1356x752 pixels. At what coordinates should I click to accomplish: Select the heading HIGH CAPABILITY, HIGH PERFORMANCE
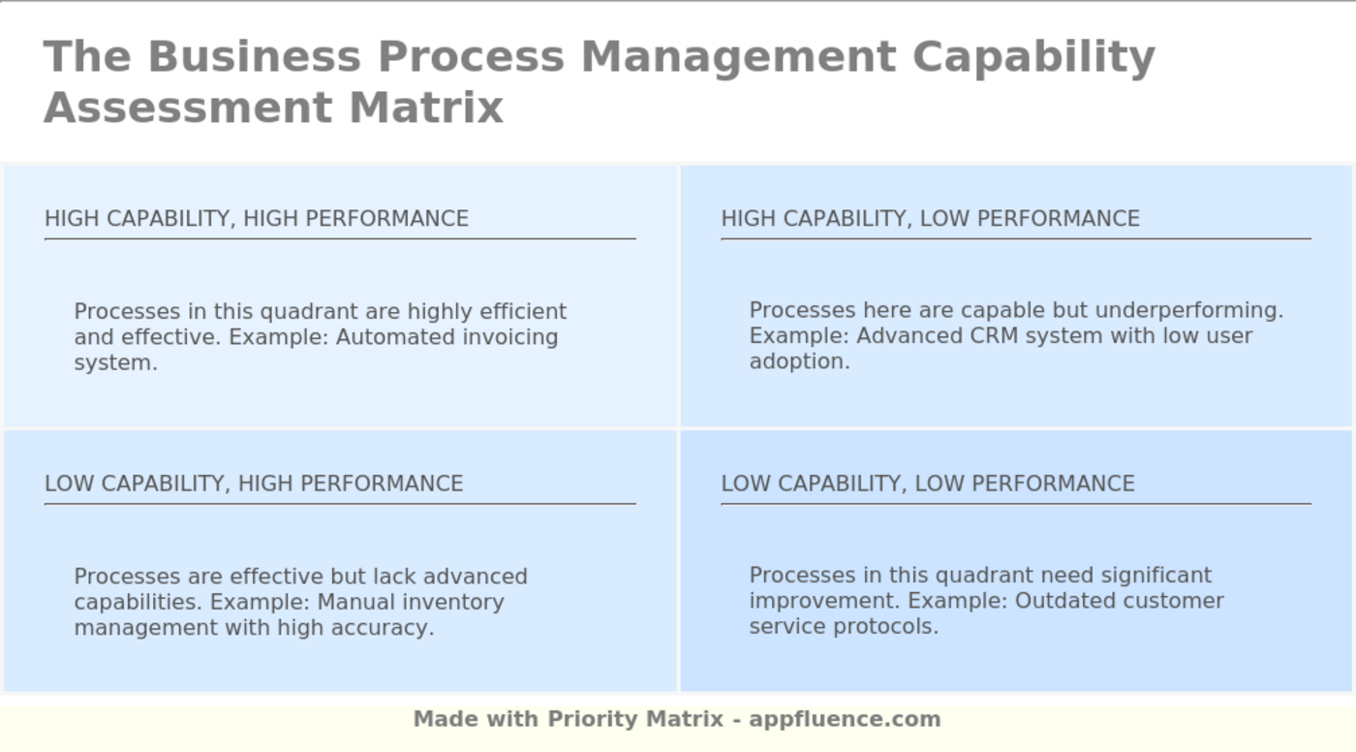(257, 219)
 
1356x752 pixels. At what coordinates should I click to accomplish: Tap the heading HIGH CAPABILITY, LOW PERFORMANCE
(930, 219)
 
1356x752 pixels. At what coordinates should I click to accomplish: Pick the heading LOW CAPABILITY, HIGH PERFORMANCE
(254, 484)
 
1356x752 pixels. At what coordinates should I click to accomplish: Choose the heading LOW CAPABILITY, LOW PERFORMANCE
(928, 484)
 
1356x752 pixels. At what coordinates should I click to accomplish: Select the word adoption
(799, 361)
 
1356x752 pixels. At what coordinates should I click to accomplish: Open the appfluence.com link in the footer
(845, 719)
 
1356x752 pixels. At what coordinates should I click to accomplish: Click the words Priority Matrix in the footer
(635, 719)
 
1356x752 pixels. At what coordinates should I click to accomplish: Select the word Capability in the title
(1033, 56)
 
